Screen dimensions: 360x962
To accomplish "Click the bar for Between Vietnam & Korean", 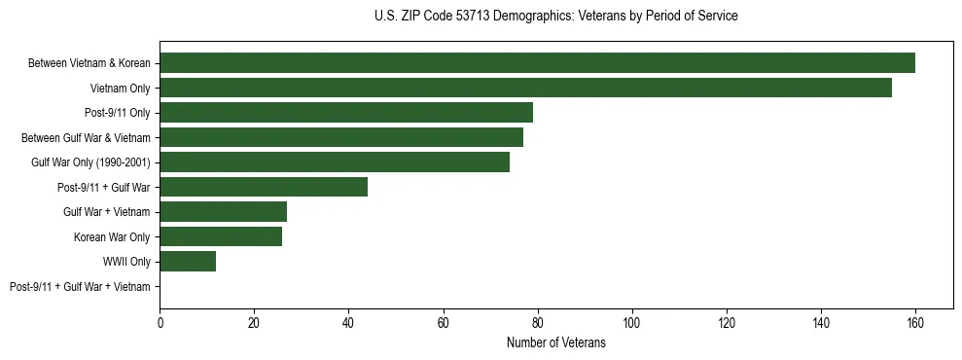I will [x=537, y=63].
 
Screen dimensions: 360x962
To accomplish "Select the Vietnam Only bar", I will [x=525, y=88].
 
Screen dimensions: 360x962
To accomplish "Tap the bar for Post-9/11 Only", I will [x=346, y=113].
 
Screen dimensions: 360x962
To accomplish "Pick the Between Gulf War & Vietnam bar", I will [x=341, y=137].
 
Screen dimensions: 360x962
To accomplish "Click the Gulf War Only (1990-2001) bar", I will [x=335, y=162].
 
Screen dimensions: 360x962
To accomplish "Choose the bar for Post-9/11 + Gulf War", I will [x=264, y=187].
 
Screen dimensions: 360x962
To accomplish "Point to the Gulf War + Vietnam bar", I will [x=223, y=211].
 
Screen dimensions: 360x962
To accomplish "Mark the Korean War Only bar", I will [x=221, y=236].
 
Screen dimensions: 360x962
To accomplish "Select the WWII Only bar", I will [x=188, y=261].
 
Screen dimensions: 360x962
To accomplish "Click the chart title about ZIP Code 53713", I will [x=555, y=17].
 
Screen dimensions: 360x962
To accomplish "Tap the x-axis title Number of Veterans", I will [x=555, y=343].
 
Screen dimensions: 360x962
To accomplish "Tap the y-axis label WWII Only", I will [x=126, y=262].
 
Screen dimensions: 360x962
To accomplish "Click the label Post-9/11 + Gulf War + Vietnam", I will [x=80, y=286].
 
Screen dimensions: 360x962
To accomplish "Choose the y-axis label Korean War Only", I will [x=112, y=236].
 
